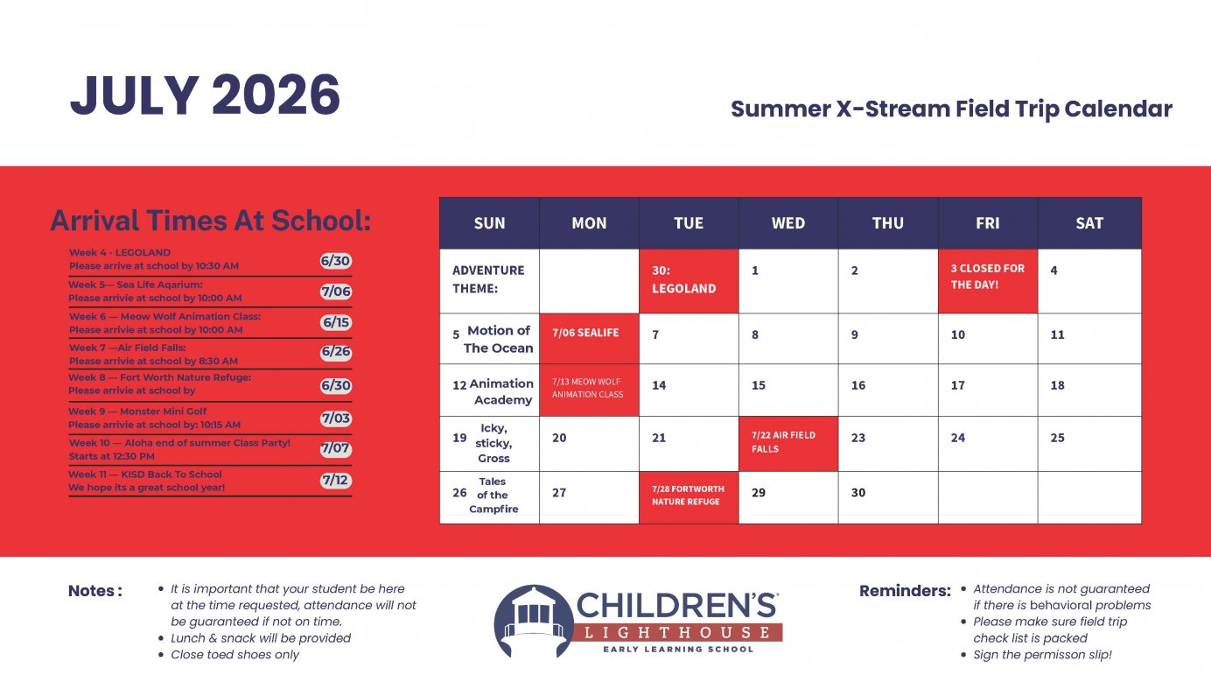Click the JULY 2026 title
click(205, 95)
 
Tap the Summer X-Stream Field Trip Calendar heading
click(951, 109)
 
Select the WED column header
click(787, 223)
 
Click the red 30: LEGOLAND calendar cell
click(689, 280)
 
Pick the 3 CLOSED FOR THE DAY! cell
click(987, 280)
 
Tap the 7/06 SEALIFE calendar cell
click(589, 338)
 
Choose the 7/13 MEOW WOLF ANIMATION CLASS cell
click(589, 389)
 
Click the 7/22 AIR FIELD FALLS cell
click(787, 443)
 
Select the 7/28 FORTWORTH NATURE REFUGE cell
click(689, 496)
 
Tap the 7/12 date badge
click(335, 481)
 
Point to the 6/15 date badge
click(335, 322)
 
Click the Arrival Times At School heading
click(210, 221)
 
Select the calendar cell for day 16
click(887, 389)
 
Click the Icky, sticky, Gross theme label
click(493, 443)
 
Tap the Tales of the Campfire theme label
click(493, 496)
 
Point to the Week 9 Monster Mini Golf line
click(154, 418)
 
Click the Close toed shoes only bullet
click(234, 655)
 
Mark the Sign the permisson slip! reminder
click(1042, 655)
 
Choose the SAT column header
click(1088, 223)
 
